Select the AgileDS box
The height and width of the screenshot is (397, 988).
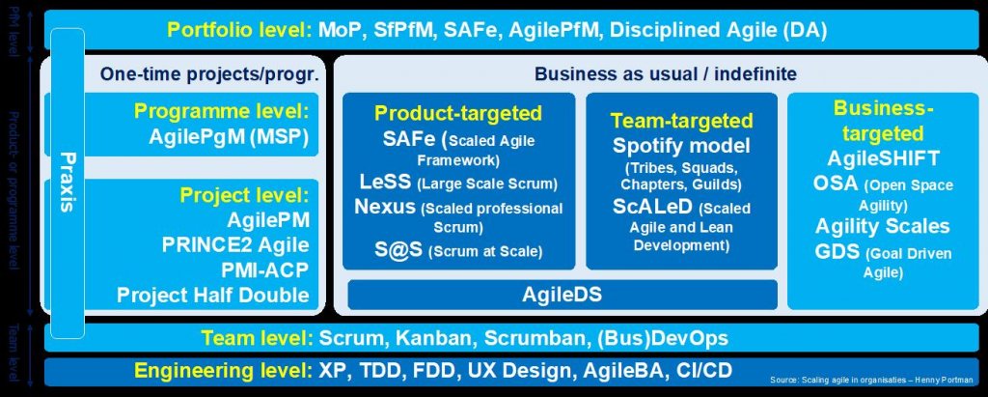pos(563,295)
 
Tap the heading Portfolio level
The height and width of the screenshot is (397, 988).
pos(238,29)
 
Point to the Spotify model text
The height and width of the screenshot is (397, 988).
pos(681,146)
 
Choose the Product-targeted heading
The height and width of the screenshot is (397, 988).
pos(458,113)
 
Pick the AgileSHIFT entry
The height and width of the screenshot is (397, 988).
pos(883,157)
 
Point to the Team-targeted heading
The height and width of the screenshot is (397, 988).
pos(681,121)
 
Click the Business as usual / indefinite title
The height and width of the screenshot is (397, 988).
pos(659,74)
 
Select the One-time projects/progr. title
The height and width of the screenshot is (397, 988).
pos(209,74)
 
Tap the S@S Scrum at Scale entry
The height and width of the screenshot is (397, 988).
pos(458,250)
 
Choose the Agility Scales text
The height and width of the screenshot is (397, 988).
pos(883,227)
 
